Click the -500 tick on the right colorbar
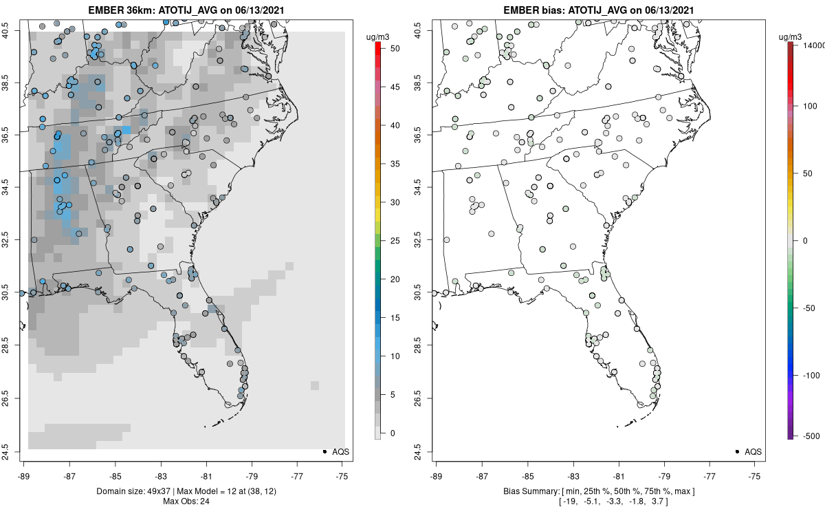(811, 436)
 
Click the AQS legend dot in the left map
(324, 451)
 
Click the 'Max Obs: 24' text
(186, 500)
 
